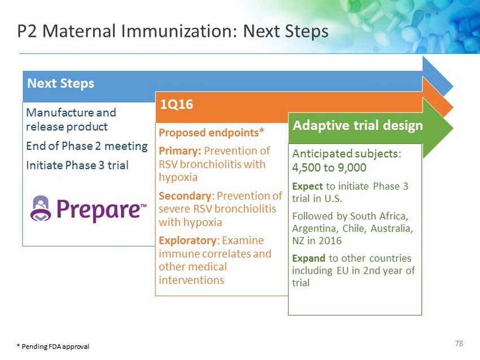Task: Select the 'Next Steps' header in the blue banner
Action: pos(60,84)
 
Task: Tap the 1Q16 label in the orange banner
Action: pos(177,104)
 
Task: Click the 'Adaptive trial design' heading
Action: pos(357,125)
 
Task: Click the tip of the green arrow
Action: pos(453,128)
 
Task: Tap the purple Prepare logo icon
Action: pos(41,208)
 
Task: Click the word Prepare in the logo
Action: pos(98,209)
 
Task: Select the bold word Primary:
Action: pos(180,151)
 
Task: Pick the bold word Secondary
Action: pos(185,196)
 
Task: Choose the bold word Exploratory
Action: pos(187,241)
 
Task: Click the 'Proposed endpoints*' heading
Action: pos(211,133)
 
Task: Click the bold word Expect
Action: pos(307,187)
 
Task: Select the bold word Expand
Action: pos(308,258)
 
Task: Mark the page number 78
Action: pos(459,344)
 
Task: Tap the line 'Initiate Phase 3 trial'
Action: pos(77,165)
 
